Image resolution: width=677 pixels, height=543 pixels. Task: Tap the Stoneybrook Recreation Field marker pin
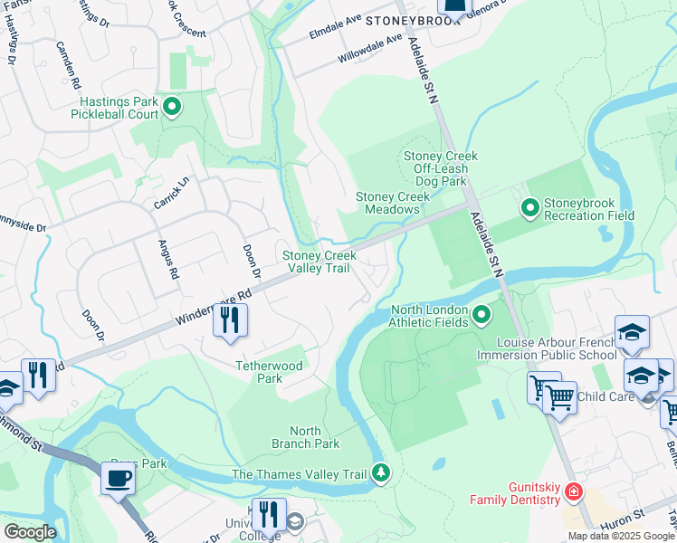point(531,208)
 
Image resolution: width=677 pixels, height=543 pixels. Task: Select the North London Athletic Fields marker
point(482,316)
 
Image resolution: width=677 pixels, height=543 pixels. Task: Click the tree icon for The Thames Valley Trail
point(381,473)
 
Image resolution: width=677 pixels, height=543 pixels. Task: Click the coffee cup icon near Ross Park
point(118,477)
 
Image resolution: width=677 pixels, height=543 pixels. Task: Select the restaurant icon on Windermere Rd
point(230,319)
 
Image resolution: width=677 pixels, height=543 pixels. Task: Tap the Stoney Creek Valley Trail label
point(316,262)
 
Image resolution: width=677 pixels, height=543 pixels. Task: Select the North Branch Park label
point(305,437)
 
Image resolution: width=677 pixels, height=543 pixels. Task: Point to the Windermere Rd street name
point(214,307)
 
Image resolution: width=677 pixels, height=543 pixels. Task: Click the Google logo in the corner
point(29,532)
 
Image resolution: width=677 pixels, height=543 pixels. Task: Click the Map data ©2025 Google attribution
point(620,536)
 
